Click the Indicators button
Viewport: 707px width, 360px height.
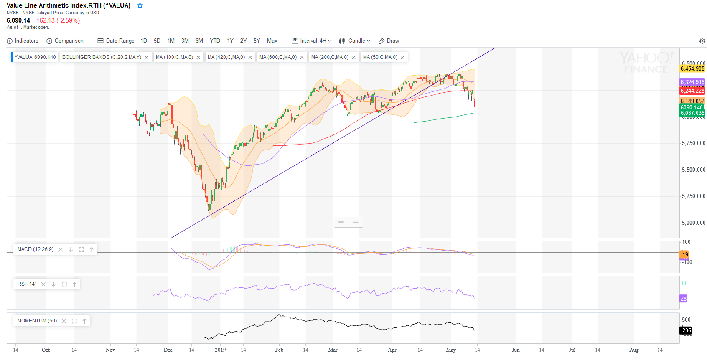[23, 41]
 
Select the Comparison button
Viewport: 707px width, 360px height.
[65, 41]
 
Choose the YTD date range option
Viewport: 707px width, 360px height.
[215, 41]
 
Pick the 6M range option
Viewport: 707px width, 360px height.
[199, 41]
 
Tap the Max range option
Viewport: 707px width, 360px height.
[272, 41]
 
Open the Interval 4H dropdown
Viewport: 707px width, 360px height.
[312, 41]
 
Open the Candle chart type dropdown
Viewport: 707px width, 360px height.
[354, 41]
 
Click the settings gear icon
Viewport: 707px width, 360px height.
[702, 41]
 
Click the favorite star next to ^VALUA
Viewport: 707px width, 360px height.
[140, 5]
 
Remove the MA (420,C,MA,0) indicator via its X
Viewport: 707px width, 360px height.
[250, 58]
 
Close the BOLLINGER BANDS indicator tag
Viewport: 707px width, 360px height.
[147, 58]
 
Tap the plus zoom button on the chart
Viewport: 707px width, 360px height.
[356, 222]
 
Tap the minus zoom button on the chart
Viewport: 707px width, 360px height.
[341, 222]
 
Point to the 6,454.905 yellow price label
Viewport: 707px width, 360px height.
[692, 69]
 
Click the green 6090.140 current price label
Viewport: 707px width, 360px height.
[692, 107]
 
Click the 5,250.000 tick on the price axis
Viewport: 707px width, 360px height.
[693, 196]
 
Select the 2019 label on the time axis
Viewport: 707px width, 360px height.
[220, 350]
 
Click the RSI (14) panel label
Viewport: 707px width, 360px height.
[27, 284]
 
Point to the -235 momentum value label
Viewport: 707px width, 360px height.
[686, 330]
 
